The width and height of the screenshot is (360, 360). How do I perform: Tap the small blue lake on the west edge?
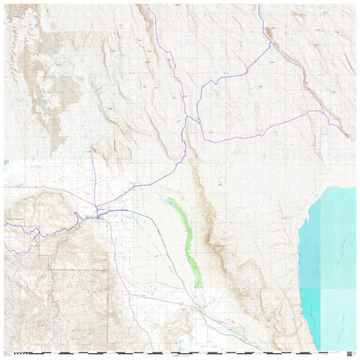(x=6, y=161)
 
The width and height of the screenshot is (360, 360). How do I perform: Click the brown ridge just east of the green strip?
(x=210, y=225)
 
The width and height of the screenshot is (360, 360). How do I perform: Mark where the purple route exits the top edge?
(x=146, y=6)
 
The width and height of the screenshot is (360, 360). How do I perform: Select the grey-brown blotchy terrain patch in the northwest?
(x=45, y=90)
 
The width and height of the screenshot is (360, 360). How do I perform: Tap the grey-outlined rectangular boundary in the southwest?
(x=79, y=300)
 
